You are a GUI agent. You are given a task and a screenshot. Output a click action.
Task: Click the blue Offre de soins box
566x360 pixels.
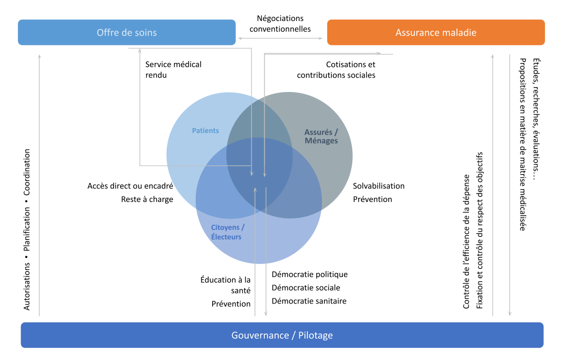coord(127,32)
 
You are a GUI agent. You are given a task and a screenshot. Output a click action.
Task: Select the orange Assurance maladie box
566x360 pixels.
coord(435,32)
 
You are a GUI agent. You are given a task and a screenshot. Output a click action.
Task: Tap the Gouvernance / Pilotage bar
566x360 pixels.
coord(282,335)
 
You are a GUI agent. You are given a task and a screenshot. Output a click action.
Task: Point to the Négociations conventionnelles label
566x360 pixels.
coord(280,23)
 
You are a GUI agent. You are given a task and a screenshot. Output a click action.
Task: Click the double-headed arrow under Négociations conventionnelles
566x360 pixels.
coord(281,38)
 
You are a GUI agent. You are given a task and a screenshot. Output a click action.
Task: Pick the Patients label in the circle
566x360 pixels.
coord(205,130)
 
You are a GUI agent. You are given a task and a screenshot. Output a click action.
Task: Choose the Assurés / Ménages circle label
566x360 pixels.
coord(321,136)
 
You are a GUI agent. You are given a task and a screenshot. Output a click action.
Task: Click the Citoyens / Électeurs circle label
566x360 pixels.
coord(227,232)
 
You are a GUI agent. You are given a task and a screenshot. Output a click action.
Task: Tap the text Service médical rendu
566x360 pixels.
coord(173,69)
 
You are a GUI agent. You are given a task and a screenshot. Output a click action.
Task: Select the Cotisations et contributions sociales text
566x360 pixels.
coord(336,69)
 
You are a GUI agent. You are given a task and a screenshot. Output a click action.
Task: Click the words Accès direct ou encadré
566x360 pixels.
coord(130,186)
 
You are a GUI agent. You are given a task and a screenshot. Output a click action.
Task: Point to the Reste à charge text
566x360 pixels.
coord(147,199)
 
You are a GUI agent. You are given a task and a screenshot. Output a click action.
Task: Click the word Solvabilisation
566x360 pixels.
coord(378,186)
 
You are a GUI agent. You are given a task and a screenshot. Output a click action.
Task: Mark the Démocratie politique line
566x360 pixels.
coord(309,274)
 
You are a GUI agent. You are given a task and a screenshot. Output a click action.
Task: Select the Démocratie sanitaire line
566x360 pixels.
coord(309,301)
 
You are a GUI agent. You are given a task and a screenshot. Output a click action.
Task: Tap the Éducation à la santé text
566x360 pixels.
coord(226,284)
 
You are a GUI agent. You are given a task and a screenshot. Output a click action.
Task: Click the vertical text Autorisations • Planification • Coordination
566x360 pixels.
coord(27,229)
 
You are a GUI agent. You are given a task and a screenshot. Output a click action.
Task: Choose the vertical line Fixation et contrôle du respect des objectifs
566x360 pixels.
coord(479,230)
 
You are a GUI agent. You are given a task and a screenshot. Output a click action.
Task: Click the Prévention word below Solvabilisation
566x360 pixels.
coord(372,199)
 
